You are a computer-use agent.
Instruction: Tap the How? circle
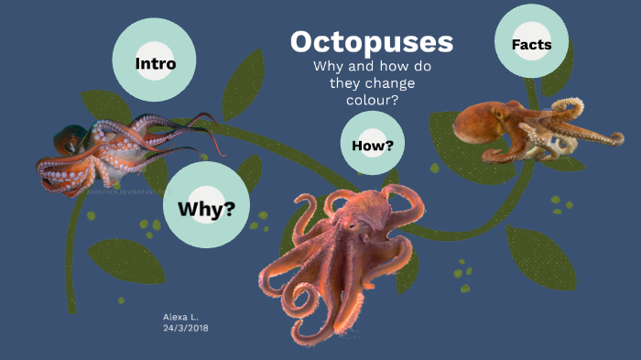click(373, 144)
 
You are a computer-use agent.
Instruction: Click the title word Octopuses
click(372, 42)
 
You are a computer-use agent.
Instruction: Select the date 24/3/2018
click(185, 326)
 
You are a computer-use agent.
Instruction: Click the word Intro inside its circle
click(155, 63)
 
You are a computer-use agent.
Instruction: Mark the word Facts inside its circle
click(531, 45)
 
